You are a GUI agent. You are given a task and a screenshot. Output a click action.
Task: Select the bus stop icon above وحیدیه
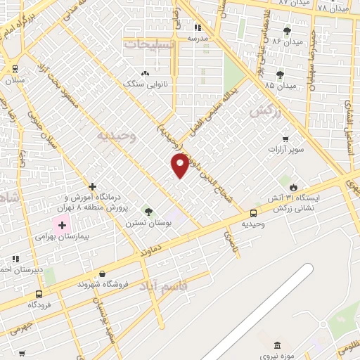click(x=253, y=213)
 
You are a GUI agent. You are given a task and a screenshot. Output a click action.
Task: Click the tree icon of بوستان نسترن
click(x=148, y=211)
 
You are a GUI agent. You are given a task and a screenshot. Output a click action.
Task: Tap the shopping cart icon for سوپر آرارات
click(x=285, y=139)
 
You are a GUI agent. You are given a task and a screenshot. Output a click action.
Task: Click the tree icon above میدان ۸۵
click(x=280, y=74)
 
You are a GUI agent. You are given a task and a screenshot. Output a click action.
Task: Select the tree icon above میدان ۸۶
click(x=286, y=31)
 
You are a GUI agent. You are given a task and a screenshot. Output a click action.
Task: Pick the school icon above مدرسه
click(x=198, y=27)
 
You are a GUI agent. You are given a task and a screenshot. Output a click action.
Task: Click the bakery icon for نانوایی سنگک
click(x=146, y=73)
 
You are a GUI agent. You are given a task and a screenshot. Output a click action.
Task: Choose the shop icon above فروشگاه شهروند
click(x=103, y=274)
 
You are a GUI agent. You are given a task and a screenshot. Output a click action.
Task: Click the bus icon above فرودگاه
click(x=38, y=294)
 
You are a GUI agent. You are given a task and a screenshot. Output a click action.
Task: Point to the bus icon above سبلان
click(x=15, y=69)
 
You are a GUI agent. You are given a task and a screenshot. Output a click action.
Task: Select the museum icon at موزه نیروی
click(x=276, y=345)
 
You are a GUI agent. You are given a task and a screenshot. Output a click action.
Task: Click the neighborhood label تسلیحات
click(x=146, y=44)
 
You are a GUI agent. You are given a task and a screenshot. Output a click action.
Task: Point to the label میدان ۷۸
click(x=333, y=8)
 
